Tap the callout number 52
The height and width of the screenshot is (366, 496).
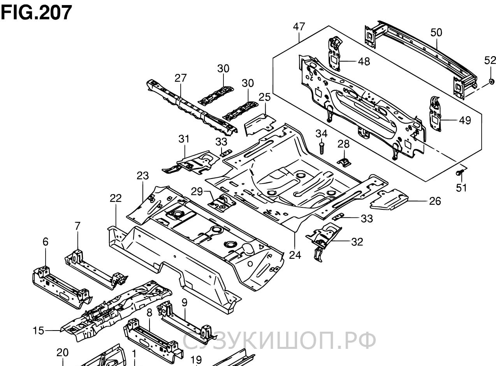pyautogui.click(x=490, y=60)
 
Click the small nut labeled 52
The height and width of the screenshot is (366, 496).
pyautogui.click(x=491, y=81)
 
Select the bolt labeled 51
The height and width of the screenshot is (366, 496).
pyautogui.click(x=460, y=171)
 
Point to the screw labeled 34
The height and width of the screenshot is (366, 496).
pyautogui.click(x=321, y=149)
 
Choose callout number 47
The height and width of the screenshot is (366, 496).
pyautogui.click(x=299, y=27)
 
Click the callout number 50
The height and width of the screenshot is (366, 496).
pyautogui.click(x=436, y=32)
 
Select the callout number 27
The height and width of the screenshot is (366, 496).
pyautogui.click(x=181, y=78)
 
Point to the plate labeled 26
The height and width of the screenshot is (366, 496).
pyautogui.click(x=389, y=199)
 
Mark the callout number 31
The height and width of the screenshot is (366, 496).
pyautogui.click(x=184, y=138)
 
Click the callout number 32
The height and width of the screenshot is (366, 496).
pyautogui.click(x=357, y=242)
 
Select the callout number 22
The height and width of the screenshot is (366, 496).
pyautogui.click(x=116, y=198)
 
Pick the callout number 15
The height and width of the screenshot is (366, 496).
pyautogui.click(x=38, y=331)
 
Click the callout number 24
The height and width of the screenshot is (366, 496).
pyautogui.click(x=295, y=255)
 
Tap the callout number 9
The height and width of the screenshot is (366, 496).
pyautogui.click(x=184, y=302)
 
